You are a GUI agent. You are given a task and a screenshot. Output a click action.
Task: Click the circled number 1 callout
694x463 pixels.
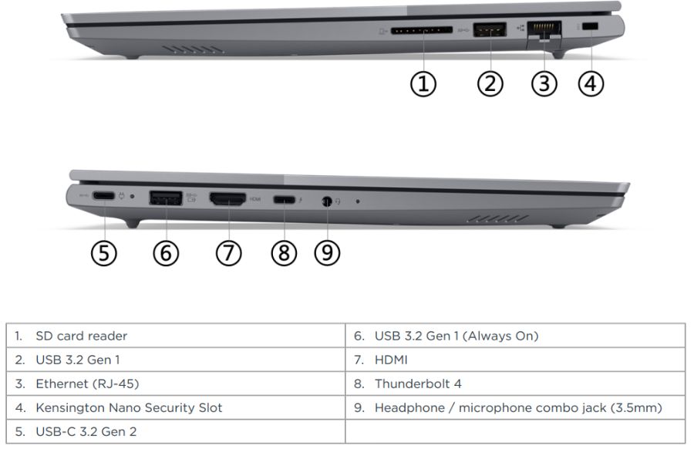(x=423, y=83)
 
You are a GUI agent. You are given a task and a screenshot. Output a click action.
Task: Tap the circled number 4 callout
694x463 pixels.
(x=591, y=83)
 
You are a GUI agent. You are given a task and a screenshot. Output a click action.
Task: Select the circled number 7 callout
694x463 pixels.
(x=228, y=252)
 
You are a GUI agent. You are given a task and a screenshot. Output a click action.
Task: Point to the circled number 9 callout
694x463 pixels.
(x=328, y=252)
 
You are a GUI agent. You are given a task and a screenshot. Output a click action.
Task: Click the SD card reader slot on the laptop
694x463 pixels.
(x=421, y=31)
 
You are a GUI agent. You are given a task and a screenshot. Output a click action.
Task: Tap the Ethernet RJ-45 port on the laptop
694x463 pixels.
(x=544, y=32)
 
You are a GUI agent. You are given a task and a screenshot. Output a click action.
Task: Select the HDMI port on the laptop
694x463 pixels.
(x=227, y=199)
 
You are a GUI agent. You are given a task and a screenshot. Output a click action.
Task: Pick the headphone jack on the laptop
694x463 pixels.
(x=327, y=201)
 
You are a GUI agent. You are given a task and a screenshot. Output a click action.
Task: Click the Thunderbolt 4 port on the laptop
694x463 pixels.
(x=284, y=200)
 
